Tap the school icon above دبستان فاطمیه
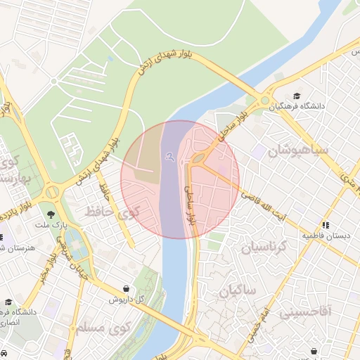point(326,225)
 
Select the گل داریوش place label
point(126,299)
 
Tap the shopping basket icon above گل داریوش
point(126,288)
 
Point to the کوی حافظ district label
point(113,210)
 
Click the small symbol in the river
point(169,157)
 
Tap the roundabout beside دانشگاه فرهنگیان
point(266,101)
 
